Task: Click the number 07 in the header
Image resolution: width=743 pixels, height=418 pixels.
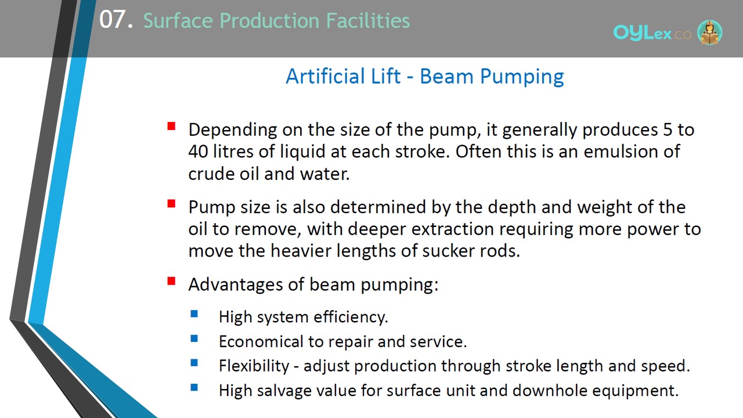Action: click(113, 19)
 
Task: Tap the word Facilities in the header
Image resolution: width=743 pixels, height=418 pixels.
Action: click(368, 20)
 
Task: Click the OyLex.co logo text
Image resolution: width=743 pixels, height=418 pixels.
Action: click(652, 33)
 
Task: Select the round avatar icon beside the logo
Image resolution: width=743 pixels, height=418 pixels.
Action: click(709, 32)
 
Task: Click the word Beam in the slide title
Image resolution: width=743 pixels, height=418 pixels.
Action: click(446, 76)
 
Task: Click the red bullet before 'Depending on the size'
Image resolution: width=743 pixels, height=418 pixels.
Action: click(171, 127)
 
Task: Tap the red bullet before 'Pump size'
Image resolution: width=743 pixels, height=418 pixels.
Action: click(171, 203)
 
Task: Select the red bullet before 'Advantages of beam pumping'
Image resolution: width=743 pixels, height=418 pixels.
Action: click(171, 281)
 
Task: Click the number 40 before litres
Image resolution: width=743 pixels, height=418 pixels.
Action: click(198, 152)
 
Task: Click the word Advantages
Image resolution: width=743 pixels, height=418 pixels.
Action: click(236, 284)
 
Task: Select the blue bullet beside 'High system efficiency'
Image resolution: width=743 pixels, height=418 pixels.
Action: click(194, 314)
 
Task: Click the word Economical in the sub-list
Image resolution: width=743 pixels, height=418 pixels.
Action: click(261, 341)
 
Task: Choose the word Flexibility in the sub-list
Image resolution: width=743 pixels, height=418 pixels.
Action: click(254, 366)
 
